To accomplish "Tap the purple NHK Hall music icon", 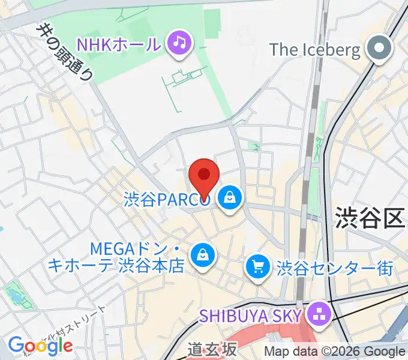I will click(179, 43).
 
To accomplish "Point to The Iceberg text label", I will click(315, 49).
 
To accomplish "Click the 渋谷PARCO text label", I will click(167, 199).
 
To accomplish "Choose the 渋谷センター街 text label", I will click(334, 268).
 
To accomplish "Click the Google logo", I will click(40, 345).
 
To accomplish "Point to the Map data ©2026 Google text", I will click(335, 352).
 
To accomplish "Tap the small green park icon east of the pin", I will click(254, 146).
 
